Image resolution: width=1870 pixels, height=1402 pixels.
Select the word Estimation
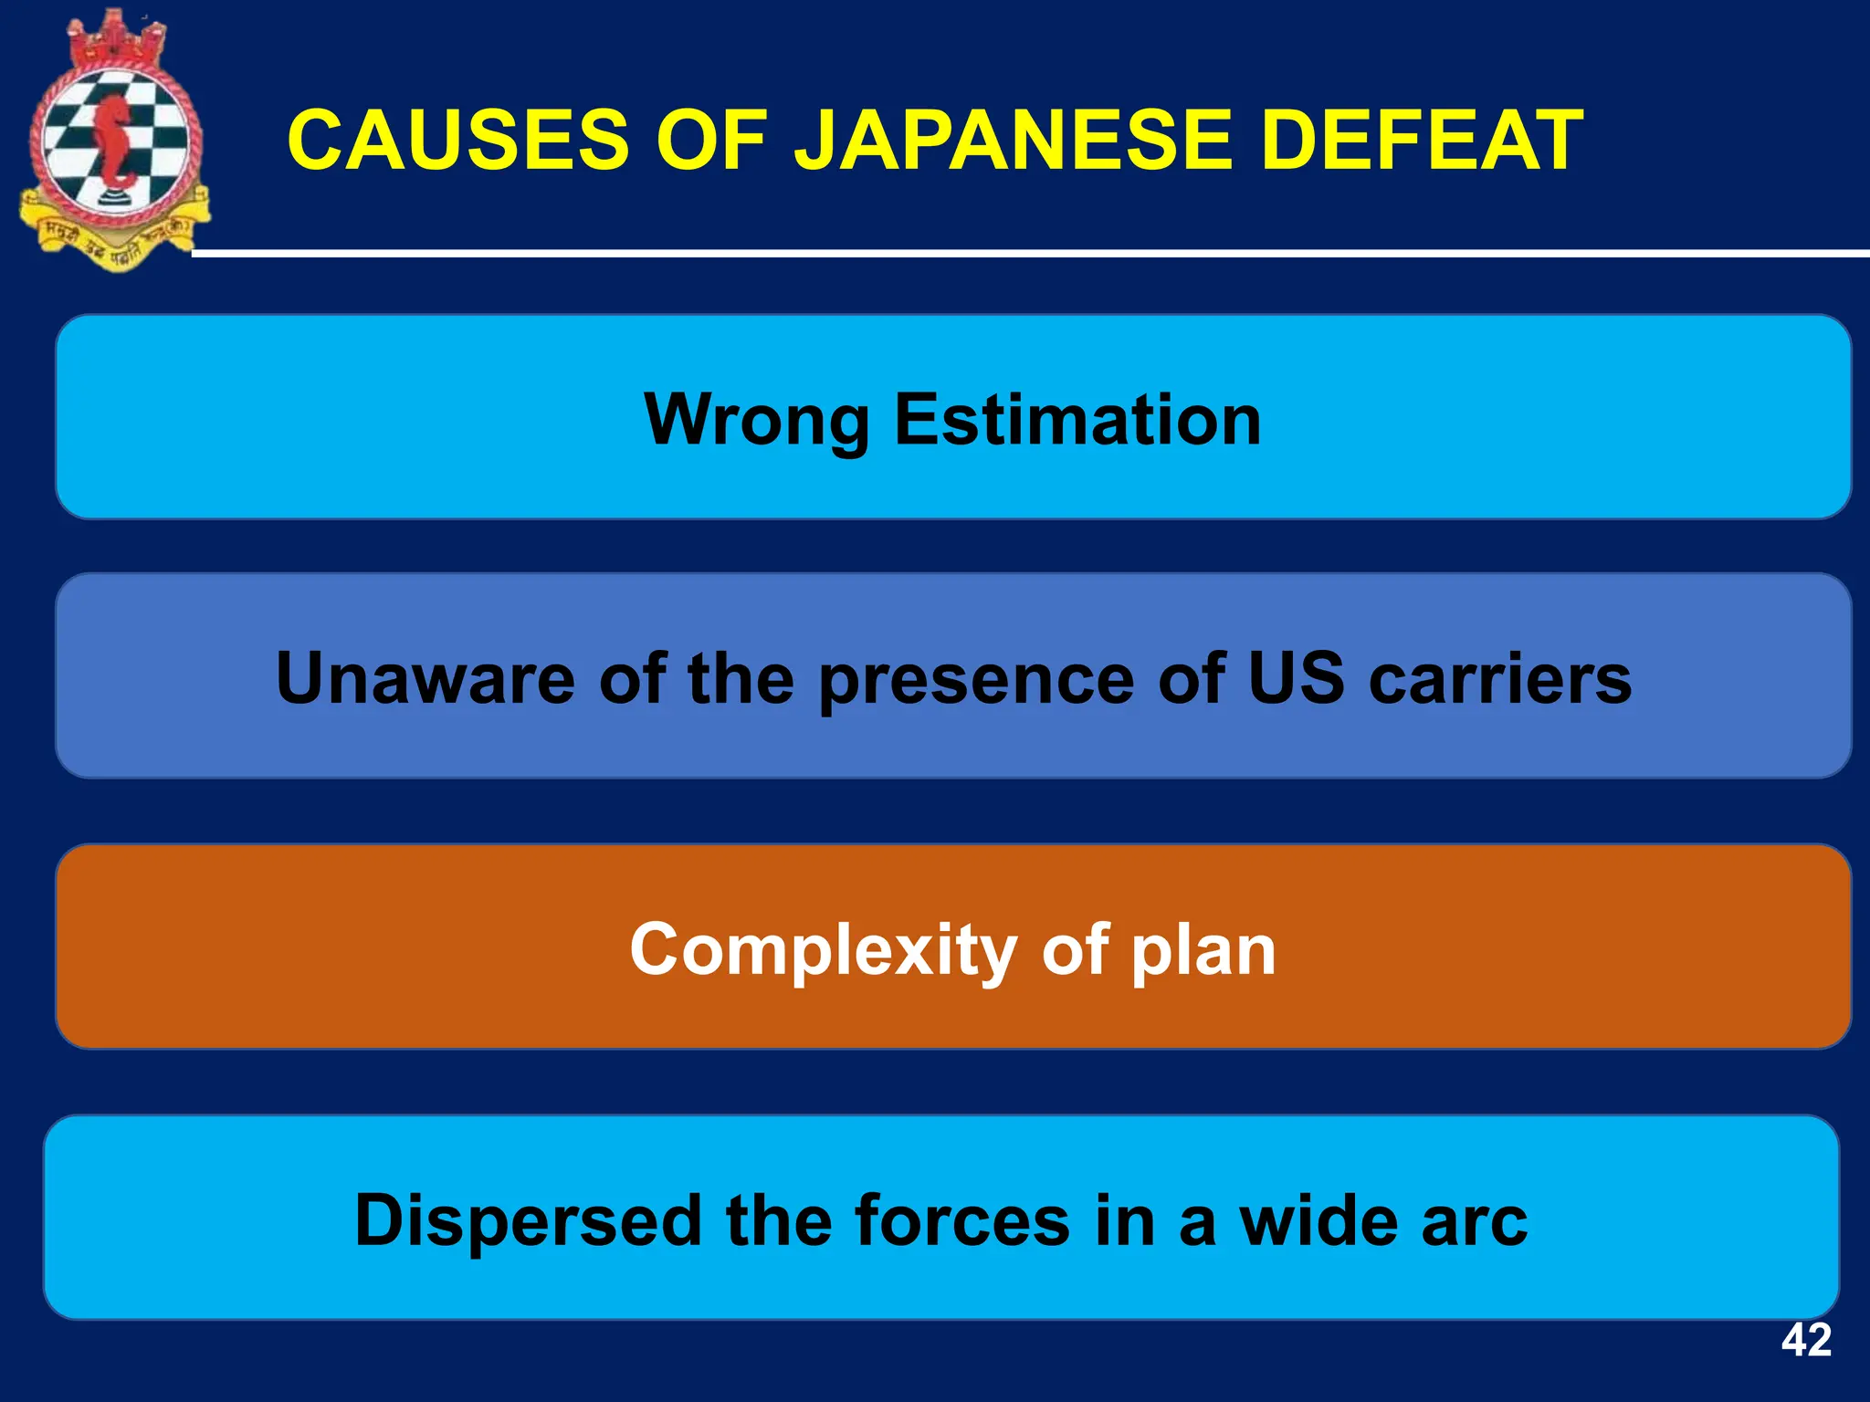pyautogui.click(x=1077, y=419)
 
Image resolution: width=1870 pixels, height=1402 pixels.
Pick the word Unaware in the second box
pyautogui.click(x=425, y=678)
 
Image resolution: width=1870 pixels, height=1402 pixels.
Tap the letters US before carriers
pyautogui.click(x=1296, y=678)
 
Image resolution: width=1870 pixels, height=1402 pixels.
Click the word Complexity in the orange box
pyautogui.click(x=823, y=950)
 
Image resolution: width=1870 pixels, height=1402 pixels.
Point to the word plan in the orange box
pyautogui.click(x=1203, y=950)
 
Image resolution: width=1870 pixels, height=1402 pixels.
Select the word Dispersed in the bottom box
pyautogui.click(x=528, y=1220)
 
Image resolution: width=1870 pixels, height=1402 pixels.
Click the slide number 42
pyautogui.click(x=1805, y=1340)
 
